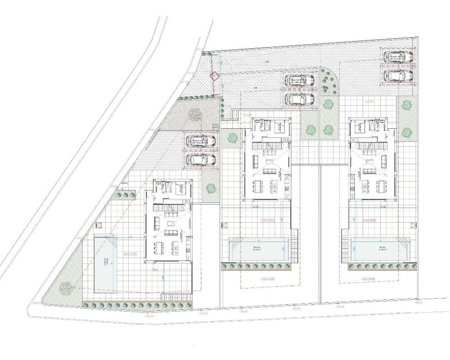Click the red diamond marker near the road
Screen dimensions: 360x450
(214, 76)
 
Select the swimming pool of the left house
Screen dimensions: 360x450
(106, 259)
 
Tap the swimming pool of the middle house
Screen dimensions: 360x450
(258, 248)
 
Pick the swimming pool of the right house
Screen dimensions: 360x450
(379, 248)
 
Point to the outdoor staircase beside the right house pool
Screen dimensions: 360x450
(344, 247)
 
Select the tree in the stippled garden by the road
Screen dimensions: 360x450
(195, 114)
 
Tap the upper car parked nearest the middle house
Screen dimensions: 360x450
(299, 80)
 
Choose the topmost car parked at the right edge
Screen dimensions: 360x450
(398, 56)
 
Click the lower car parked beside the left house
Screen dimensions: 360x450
(200, 159)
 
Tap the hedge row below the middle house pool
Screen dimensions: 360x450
(258, 266)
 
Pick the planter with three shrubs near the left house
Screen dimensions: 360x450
(125, 195)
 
